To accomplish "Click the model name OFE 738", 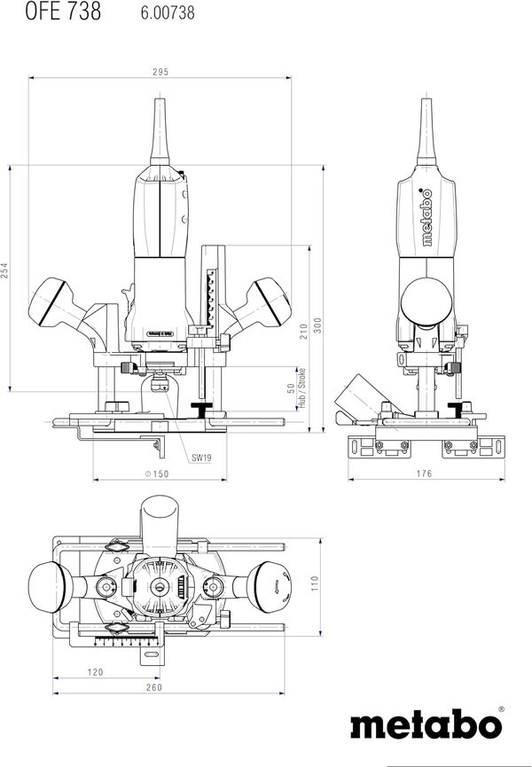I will (x=50, y=12).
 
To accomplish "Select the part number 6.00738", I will (x=168, y=13).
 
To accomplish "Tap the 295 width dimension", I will (x=160, y=72).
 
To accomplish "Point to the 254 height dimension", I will (x=5, y=271).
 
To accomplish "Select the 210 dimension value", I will (x=303, y=330).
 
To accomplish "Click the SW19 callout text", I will (x=201, y=458).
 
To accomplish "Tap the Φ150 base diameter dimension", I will (x=156, y=474).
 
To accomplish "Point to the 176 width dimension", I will (x=423, y=474).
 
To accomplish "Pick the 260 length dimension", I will (x=156, y=688).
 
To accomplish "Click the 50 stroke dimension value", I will (x=291, y=387).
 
